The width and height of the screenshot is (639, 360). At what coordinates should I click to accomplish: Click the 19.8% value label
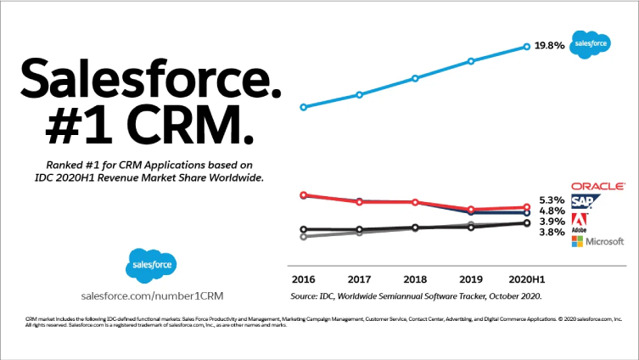(x=549, y=47)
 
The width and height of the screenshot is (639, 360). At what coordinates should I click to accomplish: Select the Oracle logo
(x=598, y=185)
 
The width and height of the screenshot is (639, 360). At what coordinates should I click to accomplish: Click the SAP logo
(x=586, y=201)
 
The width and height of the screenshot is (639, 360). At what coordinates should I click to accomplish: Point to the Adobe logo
(x=579, y=221)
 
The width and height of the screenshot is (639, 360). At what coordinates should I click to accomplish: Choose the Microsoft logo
(x=598, y=242)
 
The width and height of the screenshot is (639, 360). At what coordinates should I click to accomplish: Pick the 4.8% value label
(x=552, y=211)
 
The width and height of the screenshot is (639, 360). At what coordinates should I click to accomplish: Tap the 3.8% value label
(x=552, y=232)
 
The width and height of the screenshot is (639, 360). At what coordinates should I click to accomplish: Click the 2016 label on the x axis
(x=303, y=278)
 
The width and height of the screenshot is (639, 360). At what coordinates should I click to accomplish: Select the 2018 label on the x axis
(x=415, y=278)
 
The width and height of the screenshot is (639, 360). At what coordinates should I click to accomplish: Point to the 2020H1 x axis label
(x=527, y=278)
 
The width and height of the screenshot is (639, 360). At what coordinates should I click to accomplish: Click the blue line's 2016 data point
(x=303, y=107)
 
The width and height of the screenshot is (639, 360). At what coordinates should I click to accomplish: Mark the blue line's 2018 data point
(x=415, y=78)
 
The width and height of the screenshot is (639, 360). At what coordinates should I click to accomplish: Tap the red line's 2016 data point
(x=303, y=195)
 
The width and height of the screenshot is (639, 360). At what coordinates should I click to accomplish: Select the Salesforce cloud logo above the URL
(x=152, y=266)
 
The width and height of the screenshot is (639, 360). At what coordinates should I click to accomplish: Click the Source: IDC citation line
(x=415, y=296)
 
